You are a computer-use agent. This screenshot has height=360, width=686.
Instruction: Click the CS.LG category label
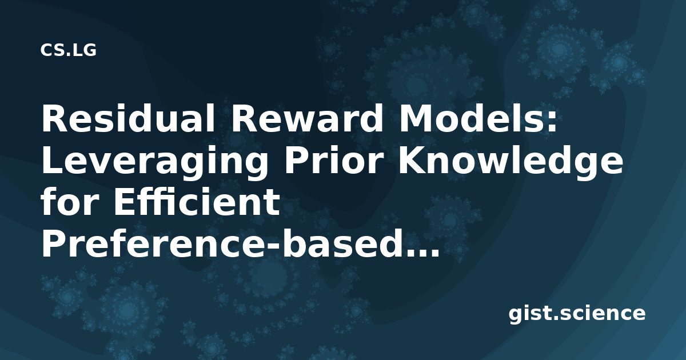coord(68,50)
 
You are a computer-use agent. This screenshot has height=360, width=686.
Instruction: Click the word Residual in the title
coord(128,118)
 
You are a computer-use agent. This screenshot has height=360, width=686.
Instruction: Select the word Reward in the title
coord(307,118)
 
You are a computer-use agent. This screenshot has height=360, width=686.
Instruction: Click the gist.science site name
coord(577,314)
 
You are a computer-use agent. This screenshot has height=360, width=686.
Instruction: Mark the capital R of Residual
coord(55,118)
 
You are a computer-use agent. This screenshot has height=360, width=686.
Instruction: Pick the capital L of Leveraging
coord(53,161)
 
